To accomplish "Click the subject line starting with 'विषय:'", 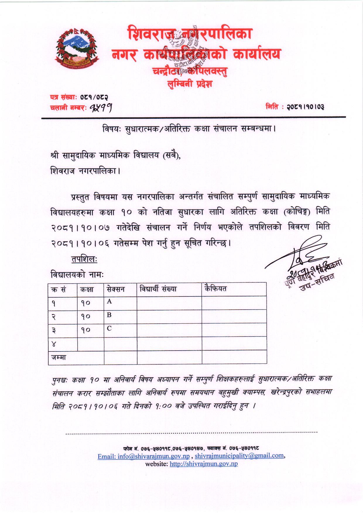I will [189, 129].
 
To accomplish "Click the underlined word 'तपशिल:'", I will [84, 259].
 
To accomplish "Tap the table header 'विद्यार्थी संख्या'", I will [158, 289].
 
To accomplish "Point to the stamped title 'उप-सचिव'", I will [316, 285].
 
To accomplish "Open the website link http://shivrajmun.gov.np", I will [204, 464].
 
